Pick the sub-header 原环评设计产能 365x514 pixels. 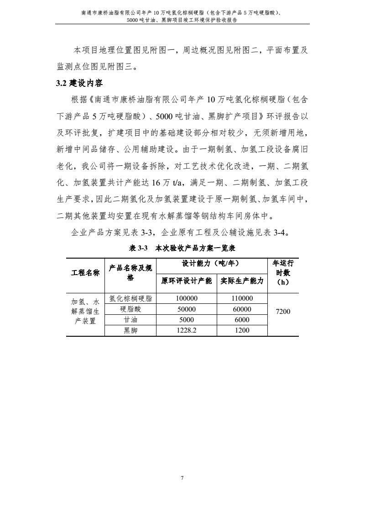coord(187,281)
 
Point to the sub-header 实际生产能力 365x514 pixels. coord(242,281)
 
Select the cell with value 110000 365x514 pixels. coord(242,298)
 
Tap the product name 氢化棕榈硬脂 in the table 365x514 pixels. coord(130,298)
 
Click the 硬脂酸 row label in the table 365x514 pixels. coord(130,309)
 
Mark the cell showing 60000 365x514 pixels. coord(242,309)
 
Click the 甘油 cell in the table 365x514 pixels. coord(130,320)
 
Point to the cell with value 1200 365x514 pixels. coord(242,331)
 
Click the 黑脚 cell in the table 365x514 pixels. coord(130,331)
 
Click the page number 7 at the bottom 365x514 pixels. coord(182,478)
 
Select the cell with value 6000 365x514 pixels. coord(242,320)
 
